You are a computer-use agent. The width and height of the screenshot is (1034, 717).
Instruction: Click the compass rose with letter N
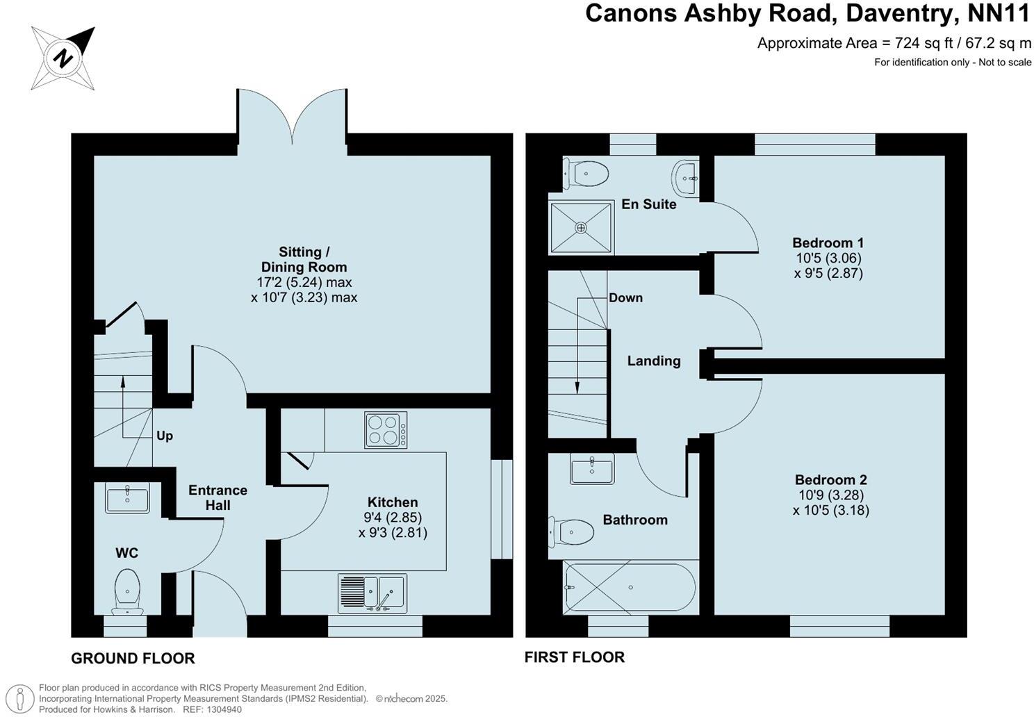click(x=63, y=58)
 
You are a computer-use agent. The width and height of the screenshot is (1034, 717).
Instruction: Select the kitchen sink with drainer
click(x=372, y=594)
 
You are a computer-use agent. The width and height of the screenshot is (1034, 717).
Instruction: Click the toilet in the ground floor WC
click(x=127, y=591)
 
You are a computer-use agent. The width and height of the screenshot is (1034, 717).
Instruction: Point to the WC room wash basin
click(x=127, y=499)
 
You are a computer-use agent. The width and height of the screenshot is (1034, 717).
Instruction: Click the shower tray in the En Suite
click(x=581, y=227)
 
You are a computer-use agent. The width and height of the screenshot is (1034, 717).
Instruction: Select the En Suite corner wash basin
click(x=686, y=178)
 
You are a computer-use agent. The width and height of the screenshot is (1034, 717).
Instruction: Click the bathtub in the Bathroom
click(x=630, y=588)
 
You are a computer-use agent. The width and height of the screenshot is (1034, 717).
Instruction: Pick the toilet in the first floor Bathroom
click(x=573, y=533)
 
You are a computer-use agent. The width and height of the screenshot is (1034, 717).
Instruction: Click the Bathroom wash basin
click(x=592, y=469)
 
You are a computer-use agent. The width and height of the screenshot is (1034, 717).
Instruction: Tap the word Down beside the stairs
click(x=625, y=297)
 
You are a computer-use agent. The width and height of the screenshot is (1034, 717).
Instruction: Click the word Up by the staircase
click(x=165, y=436)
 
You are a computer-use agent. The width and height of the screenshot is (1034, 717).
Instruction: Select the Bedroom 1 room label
click(x=828, y=242)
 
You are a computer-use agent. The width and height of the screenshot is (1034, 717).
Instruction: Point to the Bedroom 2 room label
click(x=830, y=479)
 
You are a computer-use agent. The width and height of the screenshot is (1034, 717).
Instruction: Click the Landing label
click(x=653, y=361)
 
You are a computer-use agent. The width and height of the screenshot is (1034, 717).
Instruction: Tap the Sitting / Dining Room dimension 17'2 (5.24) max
click(x=304, y=282)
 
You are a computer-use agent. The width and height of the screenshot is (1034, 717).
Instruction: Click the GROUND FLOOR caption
click(x=133, y=658)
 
